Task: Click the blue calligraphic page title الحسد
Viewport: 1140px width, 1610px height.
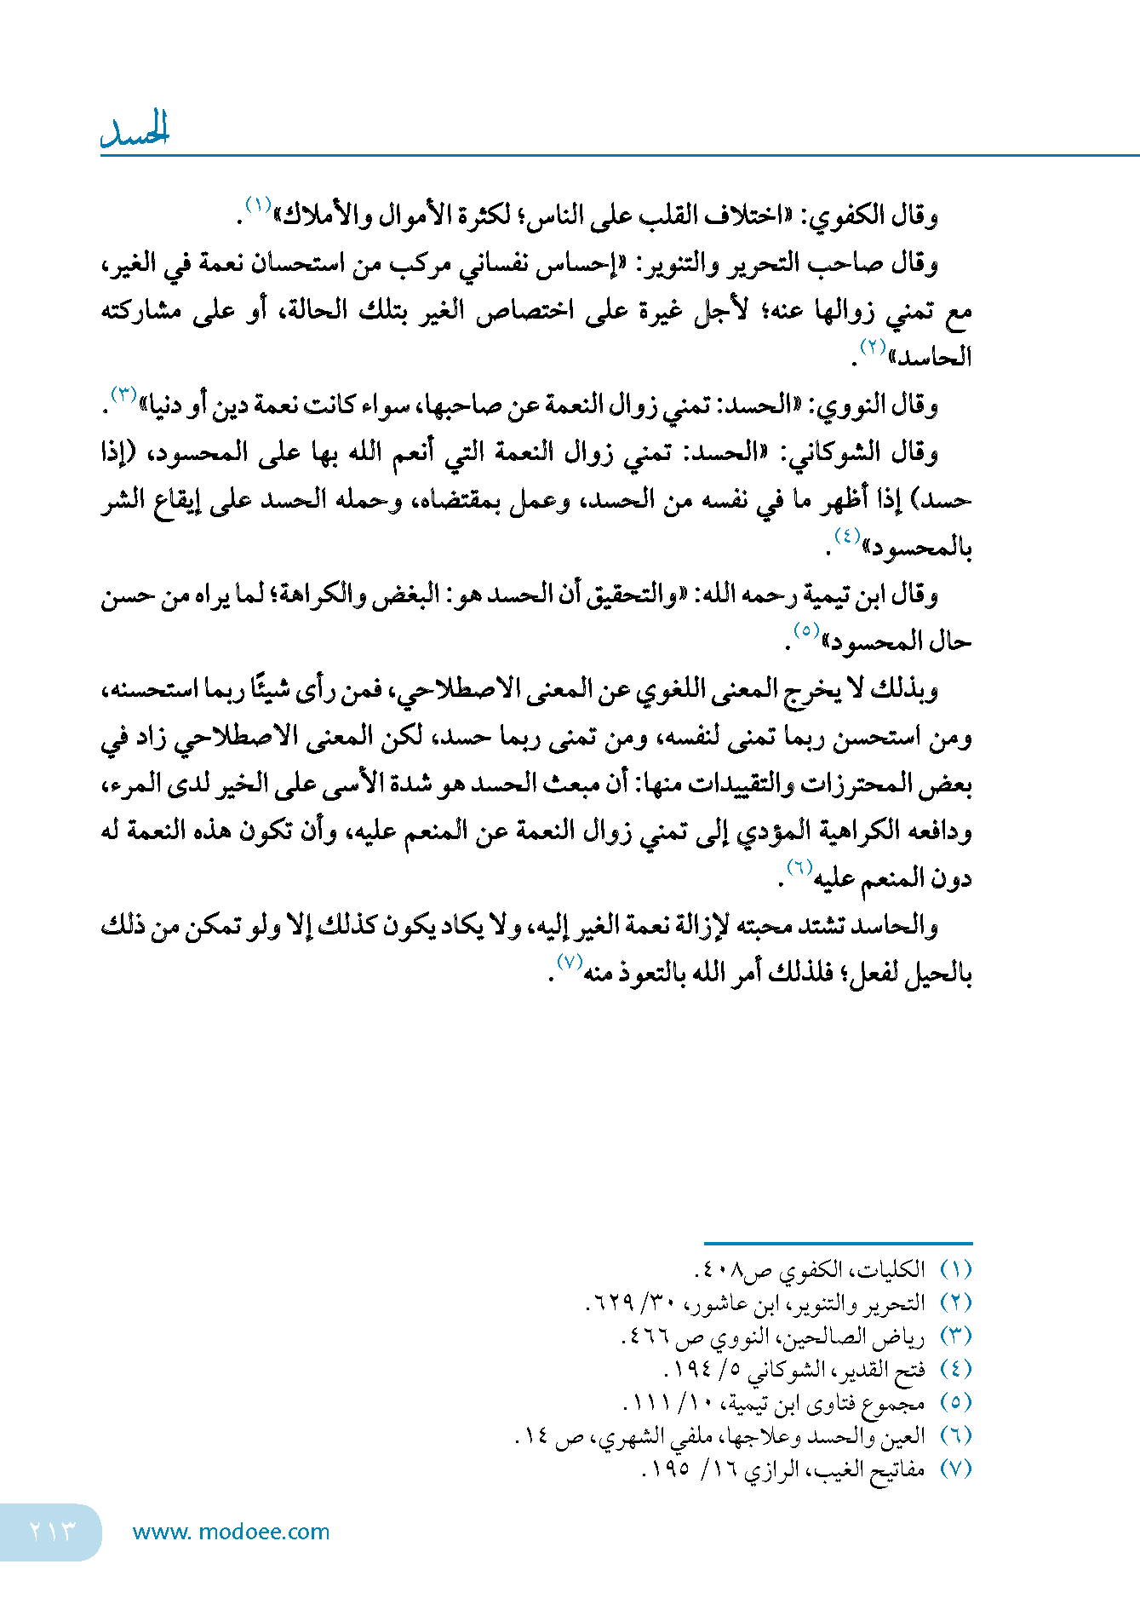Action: (135, 131)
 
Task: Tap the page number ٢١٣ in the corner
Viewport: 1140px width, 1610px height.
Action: (52, 1531)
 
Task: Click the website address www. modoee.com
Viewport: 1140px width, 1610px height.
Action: (231, 1532)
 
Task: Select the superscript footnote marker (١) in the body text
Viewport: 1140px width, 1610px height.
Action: (258, 205)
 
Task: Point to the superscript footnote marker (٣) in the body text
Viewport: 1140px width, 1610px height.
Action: (124, 394)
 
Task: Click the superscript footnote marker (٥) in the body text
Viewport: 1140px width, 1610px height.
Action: (805, 630)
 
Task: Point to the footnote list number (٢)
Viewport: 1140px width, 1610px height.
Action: (956, 1302)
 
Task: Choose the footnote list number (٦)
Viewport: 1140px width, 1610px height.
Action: (956, 1436)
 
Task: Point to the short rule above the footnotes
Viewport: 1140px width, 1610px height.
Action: (838, 1244)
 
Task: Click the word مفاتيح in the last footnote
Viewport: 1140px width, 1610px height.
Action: (896, 1469)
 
